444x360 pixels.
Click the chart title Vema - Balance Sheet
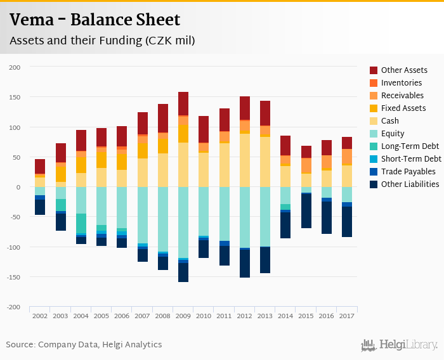95,20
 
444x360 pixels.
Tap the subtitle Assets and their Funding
101,41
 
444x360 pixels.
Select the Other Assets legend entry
403,70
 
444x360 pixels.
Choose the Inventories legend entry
401,83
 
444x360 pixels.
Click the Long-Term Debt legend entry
410,146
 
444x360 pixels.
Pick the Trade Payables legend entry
408,172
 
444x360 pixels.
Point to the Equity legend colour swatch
374,134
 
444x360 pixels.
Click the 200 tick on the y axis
15,67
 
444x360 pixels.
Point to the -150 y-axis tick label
13,277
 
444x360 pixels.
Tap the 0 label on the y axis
18,187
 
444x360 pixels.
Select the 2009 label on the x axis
183,315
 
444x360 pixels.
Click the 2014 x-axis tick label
285,315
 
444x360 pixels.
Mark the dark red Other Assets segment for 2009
183,103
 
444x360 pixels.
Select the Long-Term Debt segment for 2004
81,223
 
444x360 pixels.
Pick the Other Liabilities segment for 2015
306,211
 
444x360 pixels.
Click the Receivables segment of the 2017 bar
347,157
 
